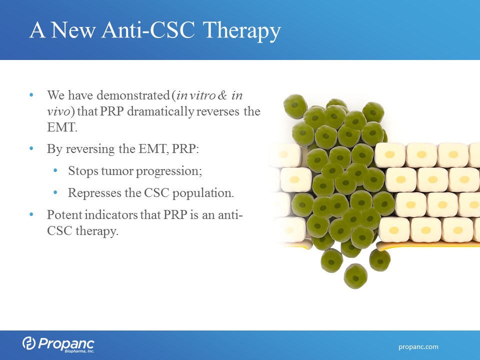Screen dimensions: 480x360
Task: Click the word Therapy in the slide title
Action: (x=241, y=31)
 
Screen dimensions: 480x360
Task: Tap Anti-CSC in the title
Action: (x=148, y=30)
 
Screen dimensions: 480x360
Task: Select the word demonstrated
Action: (x=133, y=95)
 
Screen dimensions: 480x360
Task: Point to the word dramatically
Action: (x=160, y=111)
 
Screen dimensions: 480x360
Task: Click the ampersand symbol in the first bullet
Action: (x=222, y=95)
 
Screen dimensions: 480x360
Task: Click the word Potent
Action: (x=64, y=214)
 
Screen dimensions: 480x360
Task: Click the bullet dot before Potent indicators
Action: (x=31, y=214)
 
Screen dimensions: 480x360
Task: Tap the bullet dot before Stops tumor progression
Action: (x=55, y=170)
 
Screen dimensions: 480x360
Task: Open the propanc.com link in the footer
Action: (x=418, y=347)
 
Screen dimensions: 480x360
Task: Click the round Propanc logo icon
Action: (x=29, y=343)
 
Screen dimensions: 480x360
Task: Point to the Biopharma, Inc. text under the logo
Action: (x=79, y=351)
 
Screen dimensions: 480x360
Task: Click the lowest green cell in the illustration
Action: (x=355, y=276)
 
